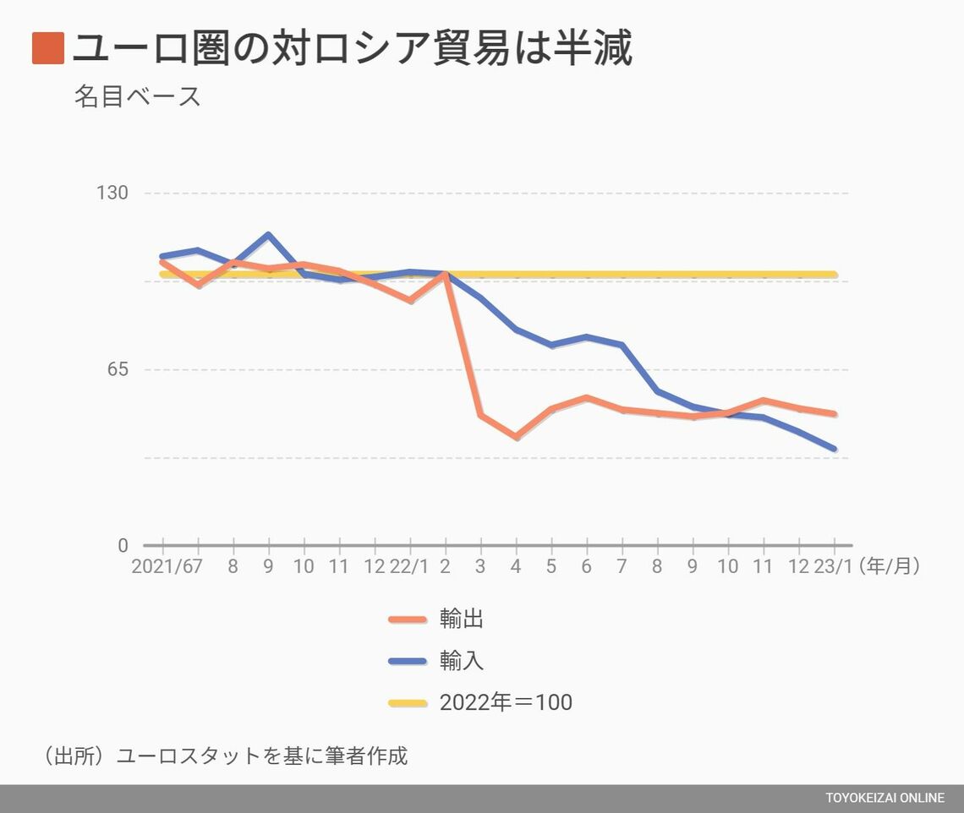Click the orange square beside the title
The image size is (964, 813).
48,48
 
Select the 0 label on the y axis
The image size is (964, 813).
123,546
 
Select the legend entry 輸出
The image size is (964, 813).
461,619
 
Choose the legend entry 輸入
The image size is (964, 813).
461,661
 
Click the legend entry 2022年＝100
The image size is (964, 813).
505,702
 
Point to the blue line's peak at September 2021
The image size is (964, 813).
268,235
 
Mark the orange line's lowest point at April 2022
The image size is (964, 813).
516,437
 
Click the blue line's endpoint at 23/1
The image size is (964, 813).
835,449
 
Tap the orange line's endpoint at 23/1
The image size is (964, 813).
835,414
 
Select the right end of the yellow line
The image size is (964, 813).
835,275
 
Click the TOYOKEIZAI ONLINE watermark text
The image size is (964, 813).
885,799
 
